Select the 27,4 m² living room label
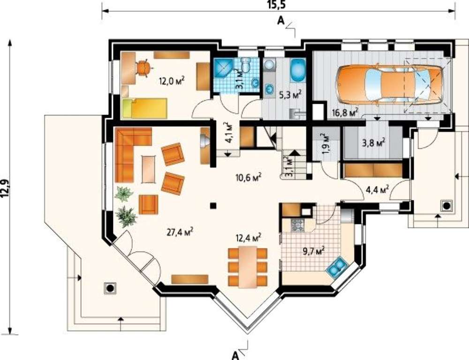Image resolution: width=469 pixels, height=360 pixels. point(180,232)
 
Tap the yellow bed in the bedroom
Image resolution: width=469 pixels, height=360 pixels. point(144,108)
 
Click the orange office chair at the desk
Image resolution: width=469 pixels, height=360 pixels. point(144,68)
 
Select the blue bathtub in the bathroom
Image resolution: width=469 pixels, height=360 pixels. point(298,70)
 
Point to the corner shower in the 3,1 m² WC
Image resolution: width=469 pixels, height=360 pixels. point(221,69)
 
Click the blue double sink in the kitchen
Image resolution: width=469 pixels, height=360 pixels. point(336,266)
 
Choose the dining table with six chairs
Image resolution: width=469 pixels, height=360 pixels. point(247,267)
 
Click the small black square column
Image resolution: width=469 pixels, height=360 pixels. point(213,206)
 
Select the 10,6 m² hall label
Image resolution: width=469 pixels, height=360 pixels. point(249,177)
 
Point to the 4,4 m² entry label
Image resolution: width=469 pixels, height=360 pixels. point(378,190)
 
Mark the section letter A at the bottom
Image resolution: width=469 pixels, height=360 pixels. point(235,355)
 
